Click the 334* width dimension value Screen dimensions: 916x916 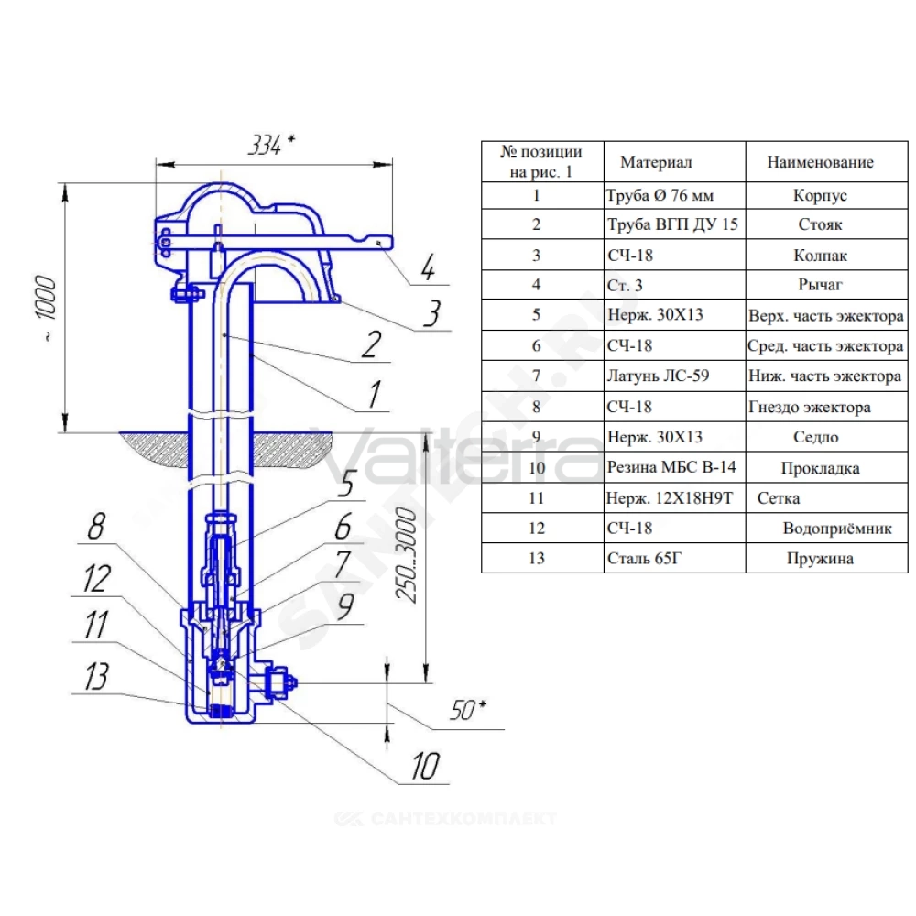coord(272,145)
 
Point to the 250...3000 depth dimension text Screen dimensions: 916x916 coord(406,555)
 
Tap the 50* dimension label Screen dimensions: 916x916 coord(468,710)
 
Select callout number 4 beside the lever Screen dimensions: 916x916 coord(428,267)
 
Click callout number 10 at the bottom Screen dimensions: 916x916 coord(425,766)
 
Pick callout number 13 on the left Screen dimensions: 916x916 coord(96,677)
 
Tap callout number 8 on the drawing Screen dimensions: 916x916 coord(96,526)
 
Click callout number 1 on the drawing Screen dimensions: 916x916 coord(375,394)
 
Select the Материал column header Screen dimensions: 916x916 coord(656,162)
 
